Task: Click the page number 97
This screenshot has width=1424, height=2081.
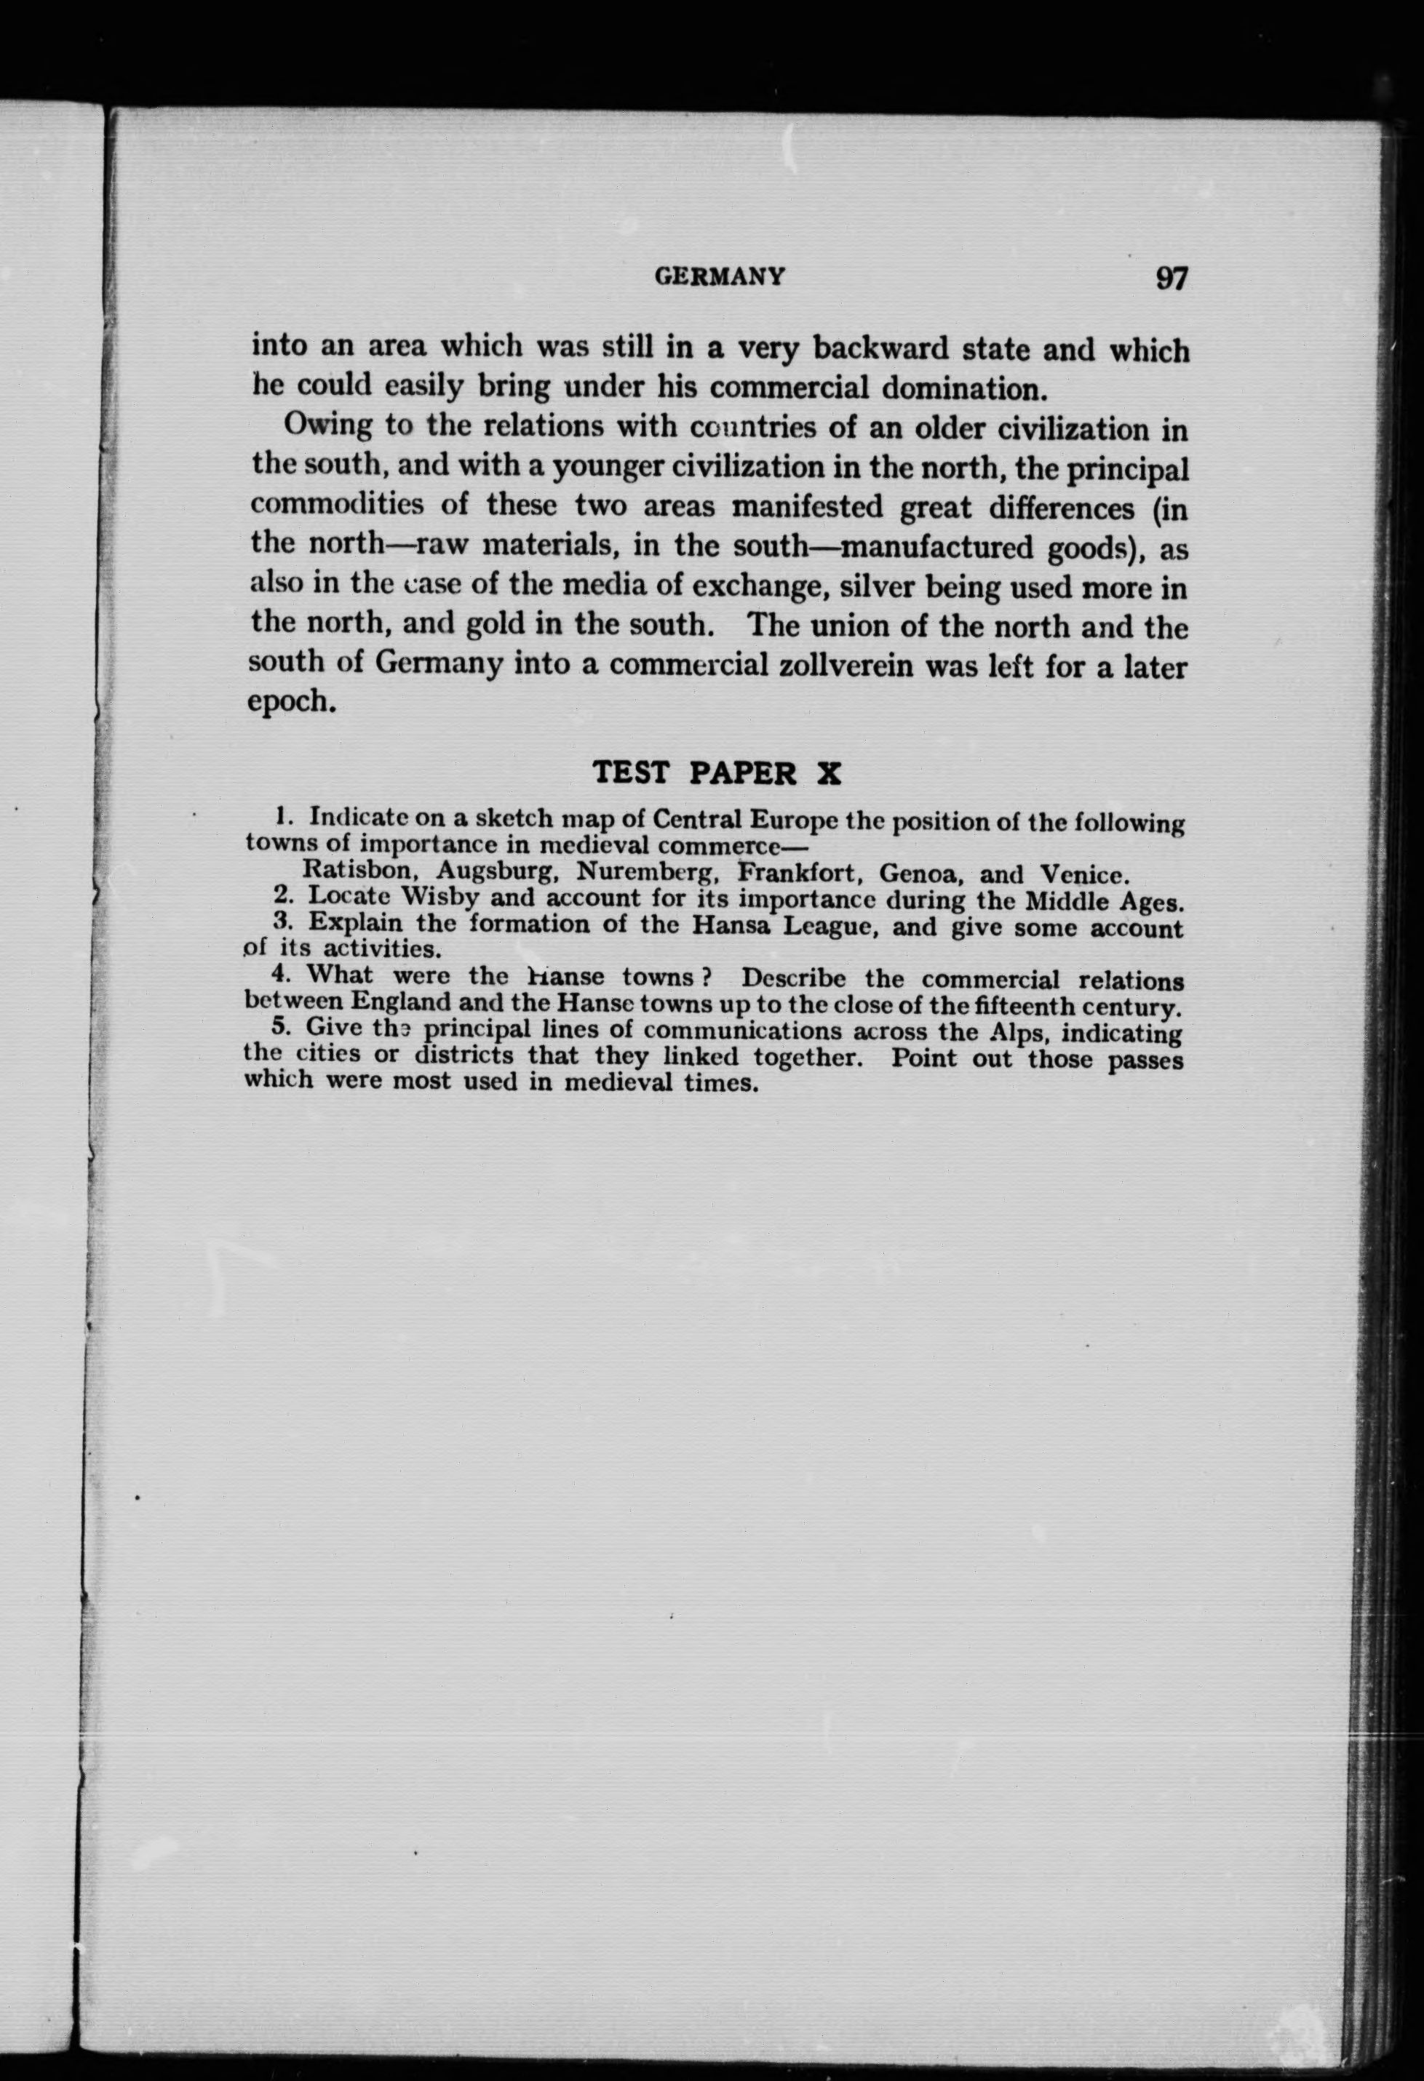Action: [x=1171, y=279]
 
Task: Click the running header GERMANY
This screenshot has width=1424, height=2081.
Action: [x=720, y=276]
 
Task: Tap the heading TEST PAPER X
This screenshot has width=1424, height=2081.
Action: [x=717, y=772]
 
